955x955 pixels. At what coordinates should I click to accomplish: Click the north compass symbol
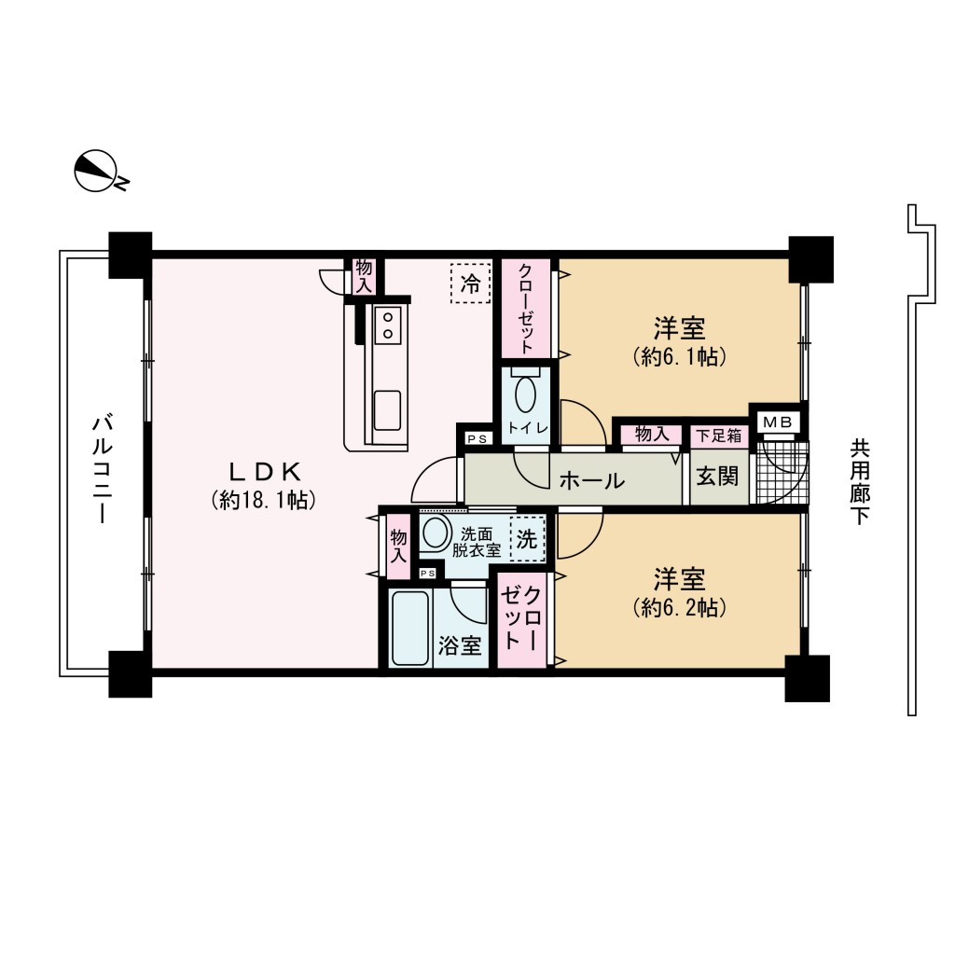pyautogui.click(x=97, y=172)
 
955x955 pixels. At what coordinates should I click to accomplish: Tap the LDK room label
pyautogui.click(x=265, y=471)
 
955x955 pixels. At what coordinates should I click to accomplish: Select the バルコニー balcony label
pyautogui.click(x=103, y=469)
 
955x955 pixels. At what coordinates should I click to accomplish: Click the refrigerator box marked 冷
pyautogui.click(x=470, y=284)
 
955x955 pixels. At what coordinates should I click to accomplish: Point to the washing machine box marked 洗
pyautogui.click(x=527, y=538)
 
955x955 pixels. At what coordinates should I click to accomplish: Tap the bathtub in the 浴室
pyautogui.click(x=410, y=628)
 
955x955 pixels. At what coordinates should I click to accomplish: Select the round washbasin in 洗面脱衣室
pyautogui.click(x=436, y=533)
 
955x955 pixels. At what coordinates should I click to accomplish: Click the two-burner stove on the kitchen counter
pyautogui.click(x=387, y=325)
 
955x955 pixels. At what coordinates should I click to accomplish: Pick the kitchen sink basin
pyautogui.click(x=387, y=410)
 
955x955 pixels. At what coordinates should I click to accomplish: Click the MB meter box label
pyautogui.click(x=778, y=422)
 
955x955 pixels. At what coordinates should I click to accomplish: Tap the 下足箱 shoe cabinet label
pyautogui.click(x=719, y=436)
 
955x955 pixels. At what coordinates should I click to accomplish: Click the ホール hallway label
pyautogui.click(x=592, y=480)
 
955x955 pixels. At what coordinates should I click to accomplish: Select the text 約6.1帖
pyautogui.click(x=679, y=356)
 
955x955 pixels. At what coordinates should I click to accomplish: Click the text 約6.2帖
pyautogui.click(x=679, y=607)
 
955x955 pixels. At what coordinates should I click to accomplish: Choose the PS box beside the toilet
pyautogui.click(x=477, y=438)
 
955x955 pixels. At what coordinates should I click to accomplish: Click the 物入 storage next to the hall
pyautogui.click(x=652, y=435)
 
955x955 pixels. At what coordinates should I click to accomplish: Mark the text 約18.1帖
pyautogui.click(x=264, y=500)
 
